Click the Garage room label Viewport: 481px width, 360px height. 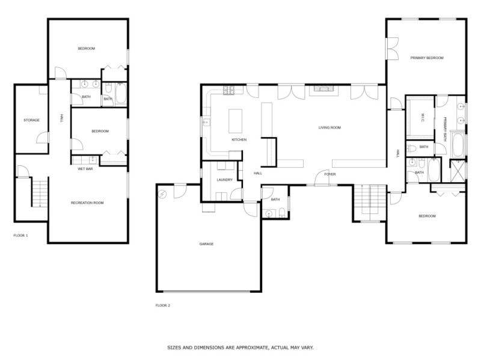pos(206,243)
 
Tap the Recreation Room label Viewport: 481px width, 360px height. pos(87,203)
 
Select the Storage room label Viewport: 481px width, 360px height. pos(31,120)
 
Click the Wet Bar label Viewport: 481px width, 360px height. pos(85,169)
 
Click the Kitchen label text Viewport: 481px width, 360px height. pos(239,139)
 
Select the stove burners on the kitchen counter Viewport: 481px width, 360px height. pos(228,91)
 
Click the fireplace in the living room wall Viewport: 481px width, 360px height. pos(325,90)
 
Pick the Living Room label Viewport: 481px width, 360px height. pos(329,127)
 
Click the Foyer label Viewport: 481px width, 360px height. pos(329,174)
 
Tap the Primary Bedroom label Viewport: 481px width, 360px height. pos(426,58)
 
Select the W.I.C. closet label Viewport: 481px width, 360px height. pos(423,115)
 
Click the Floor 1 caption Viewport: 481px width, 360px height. pos(20,235)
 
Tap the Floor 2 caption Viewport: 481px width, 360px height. pos(163,305)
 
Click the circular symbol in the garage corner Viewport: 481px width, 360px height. pos(163,193)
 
